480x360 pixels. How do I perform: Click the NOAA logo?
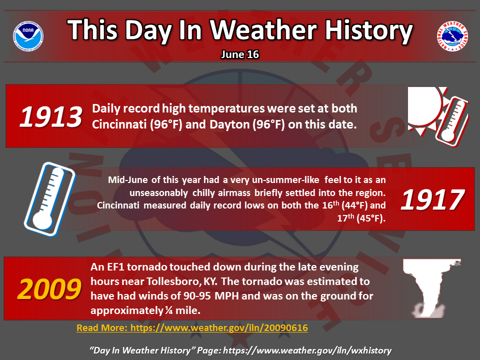[x=28, y=36]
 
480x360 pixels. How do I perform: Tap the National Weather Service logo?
[x=452, y=36]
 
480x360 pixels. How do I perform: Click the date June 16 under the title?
[x=240, y=54]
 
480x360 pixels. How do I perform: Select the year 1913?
[x=51, y=116]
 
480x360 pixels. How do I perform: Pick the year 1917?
[x=432, y=199]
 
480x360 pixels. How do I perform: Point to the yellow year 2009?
[x=49, y=289]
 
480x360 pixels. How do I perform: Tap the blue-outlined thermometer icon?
[x=49, y=199]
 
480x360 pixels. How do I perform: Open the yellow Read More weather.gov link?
[x=192, y=328]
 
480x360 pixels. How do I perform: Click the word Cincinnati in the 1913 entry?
[x=119, y=124]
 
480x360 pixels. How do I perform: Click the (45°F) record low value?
[x=370, y=218]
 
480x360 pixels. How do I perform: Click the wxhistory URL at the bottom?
[x=307, y=350]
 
